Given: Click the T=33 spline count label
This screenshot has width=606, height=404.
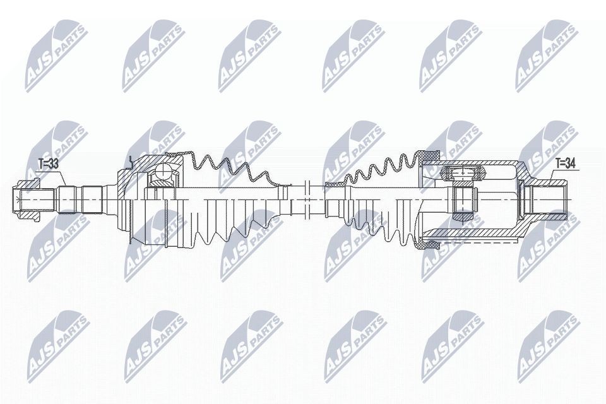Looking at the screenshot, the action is pos(48,164).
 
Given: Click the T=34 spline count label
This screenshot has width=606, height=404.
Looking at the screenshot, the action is pos(565,163).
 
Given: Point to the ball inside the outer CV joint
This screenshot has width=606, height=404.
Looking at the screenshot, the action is pos(163,169).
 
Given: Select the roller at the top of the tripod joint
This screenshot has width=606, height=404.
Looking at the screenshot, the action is pos(463,172).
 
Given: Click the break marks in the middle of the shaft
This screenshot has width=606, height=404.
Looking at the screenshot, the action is pos(307,199).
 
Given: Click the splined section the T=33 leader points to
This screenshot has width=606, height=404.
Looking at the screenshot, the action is pos(68,199).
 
